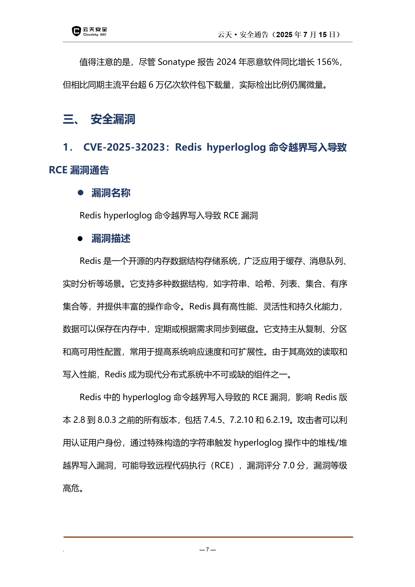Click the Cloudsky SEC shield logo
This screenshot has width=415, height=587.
pyautogui.click(x=76, y=31)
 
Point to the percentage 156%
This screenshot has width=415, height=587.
pyautogui.click(x=328, y=62)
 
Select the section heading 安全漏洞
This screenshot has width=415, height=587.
pyautogui.click(x=113, y=119)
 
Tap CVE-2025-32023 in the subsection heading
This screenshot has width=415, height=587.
pyautogui.click(x=124, y=147)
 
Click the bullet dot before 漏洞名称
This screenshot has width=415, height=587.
pyautogui.click(x=81, y=193)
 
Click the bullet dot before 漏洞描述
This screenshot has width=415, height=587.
pyautogui.click(x=80, y=238)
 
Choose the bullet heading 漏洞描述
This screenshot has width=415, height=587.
pyautogui.click(x=111, y=238)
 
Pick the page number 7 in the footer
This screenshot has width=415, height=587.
pyautogui.click(x=207, y=549)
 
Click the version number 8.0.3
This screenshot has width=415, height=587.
pyautogui.click(x=107, y=420)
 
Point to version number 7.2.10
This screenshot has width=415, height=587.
pyautogui.click(x=241, y=420)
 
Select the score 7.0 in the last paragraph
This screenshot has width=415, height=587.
pyautogui.click(x=288, y=465)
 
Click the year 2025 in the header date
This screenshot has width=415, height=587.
pyautogui.click(x=284, y=35)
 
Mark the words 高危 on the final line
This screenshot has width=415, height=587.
pyautogui.click(x=71, y=488)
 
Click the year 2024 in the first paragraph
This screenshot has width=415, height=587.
pyautogui.click(x=226, y=62)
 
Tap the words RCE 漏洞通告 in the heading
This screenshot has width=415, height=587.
pyautogui.click(x=79, y=170)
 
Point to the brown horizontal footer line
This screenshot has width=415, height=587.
pyautogui.click(x=208, y=537)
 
